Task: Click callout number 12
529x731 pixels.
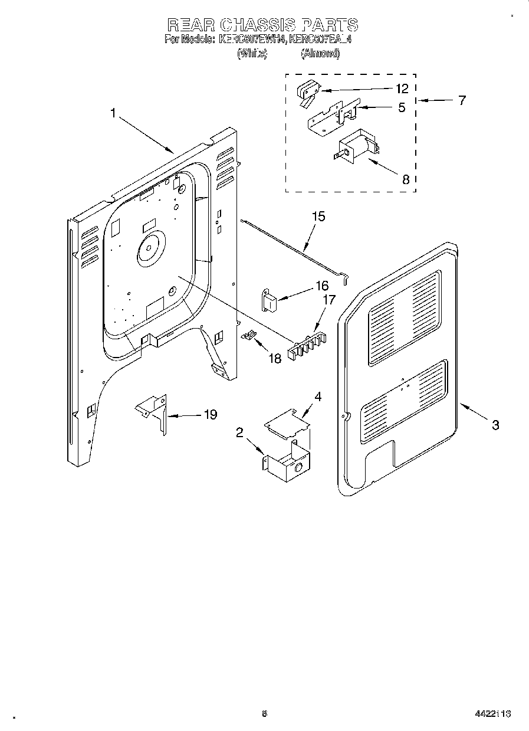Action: tap(402, 89)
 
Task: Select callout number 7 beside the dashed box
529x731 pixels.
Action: tap(461, 100)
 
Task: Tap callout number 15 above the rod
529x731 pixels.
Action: tap(318, 217)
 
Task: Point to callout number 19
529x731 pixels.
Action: tap(210, 415)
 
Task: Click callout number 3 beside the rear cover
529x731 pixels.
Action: tap(495, 424)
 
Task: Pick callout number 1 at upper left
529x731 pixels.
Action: tap(113, 112)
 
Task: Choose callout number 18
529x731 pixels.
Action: tap(275, 358)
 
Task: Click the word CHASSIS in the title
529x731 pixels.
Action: tap(262, 25)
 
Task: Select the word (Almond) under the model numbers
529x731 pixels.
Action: tap(320, 54)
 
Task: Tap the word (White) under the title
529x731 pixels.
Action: tap(252, 54)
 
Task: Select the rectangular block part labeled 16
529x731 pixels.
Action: tap(269, 300)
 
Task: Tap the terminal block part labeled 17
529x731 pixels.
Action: tap(305, 348)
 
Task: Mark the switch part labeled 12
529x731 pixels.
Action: tap(307, 92)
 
